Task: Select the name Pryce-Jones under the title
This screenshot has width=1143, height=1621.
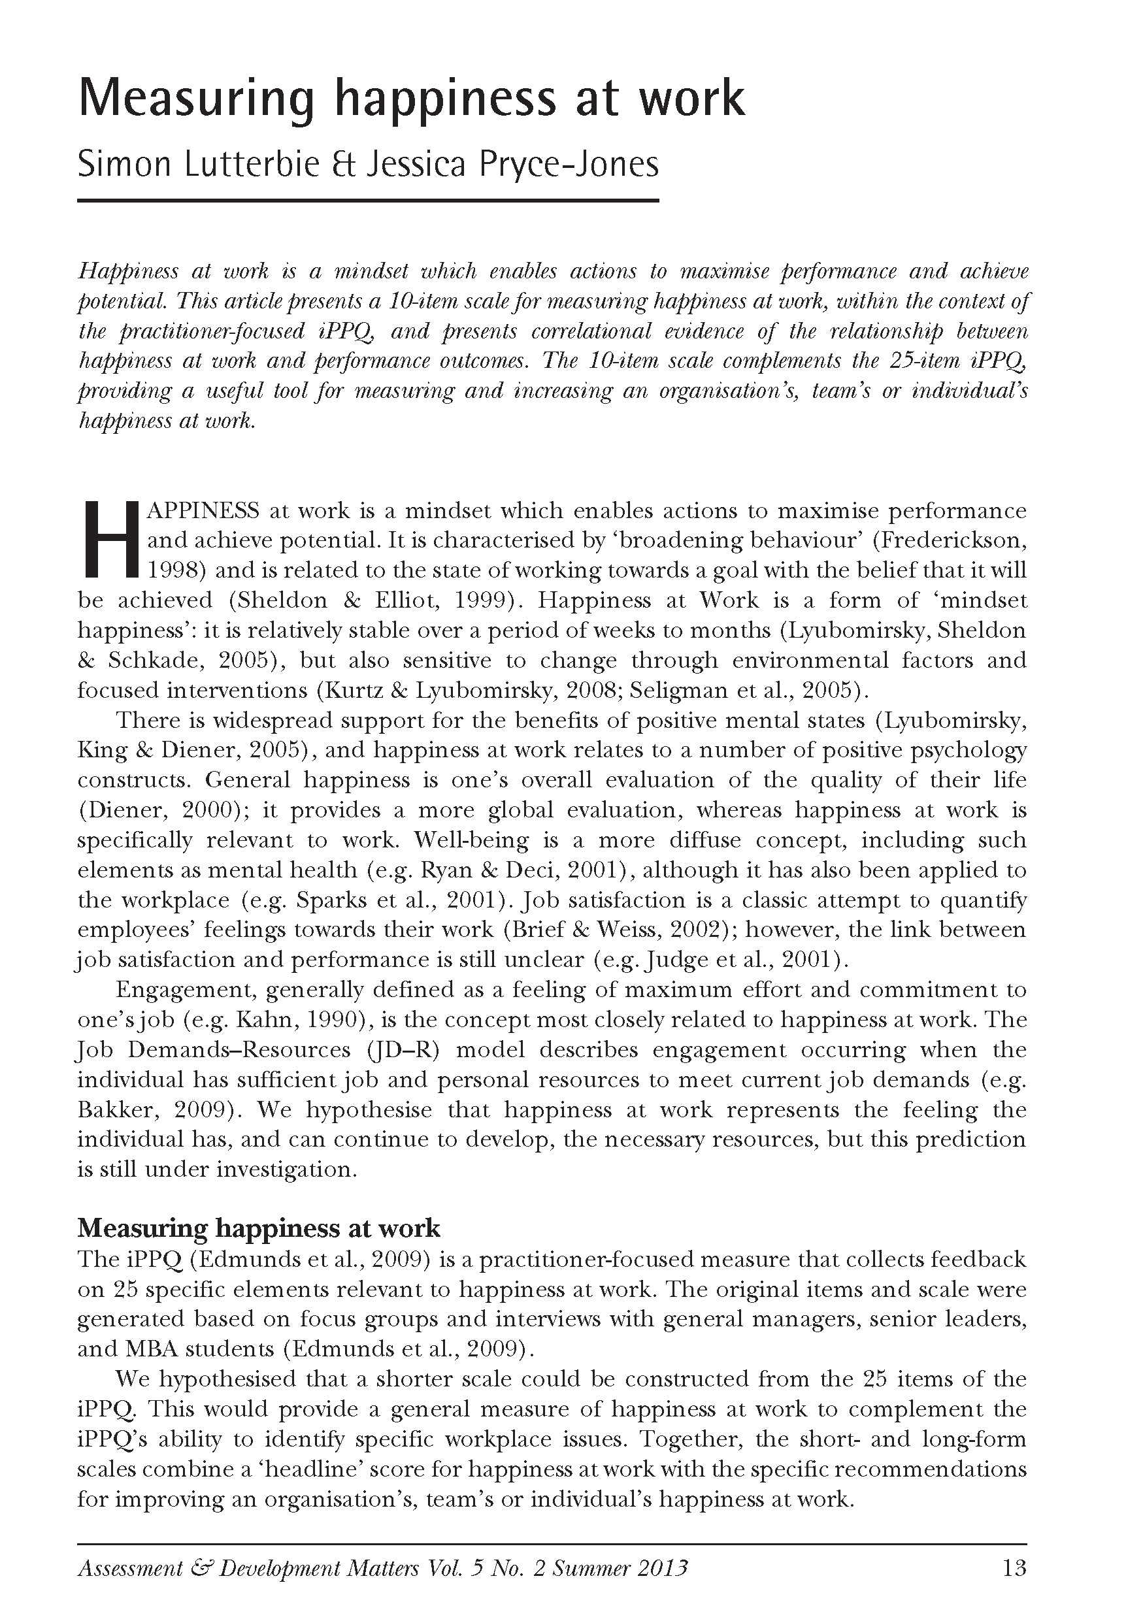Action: [569, 165]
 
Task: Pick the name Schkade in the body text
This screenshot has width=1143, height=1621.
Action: [155, 661]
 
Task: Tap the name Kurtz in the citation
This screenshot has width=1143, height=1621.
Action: [350, 691]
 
